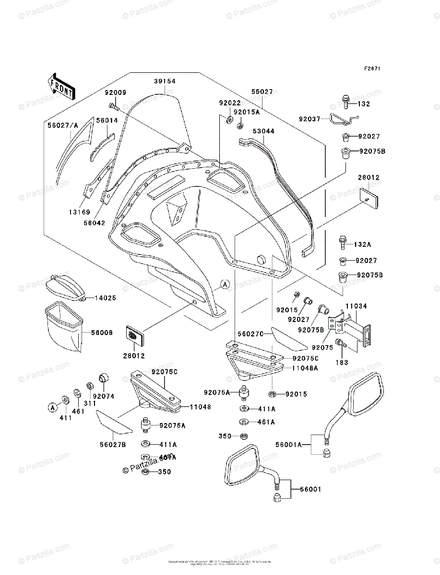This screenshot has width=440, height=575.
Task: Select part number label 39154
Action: tap(165, 81)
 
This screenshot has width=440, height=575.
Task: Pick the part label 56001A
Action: tap(289, 445)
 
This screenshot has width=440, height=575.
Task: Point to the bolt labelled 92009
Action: tap(112, 106)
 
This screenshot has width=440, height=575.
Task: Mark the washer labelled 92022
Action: tap(229, 119)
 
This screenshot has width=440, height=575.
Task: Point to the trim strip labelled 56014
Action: tap(103, 144)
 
